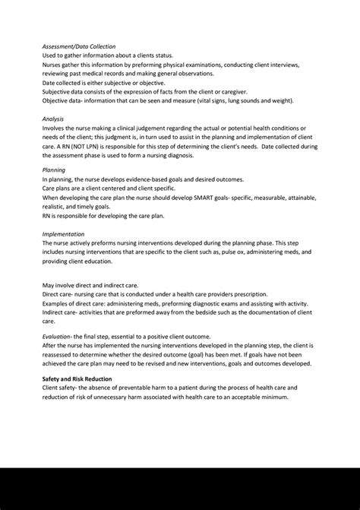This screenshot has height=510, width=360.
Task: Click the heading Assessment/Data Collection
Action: coord(79,46)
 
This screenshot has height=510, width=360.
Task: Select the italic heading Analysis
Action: coord(53,119)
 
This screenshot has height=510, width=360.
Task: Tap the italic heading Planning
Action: coord(54,170)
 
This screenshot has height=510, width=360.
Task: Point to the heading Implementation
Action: coord(63,234)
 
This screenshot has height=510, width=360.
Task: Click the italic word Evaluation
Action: coord(58,335)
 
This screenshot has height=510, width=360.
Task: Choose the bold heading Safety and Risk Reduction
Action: coord(77,379)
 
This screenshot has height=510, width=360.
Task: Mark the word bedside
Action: coord(201,312)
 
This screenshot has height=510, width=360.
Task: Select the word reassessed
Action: coord(65,353)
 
